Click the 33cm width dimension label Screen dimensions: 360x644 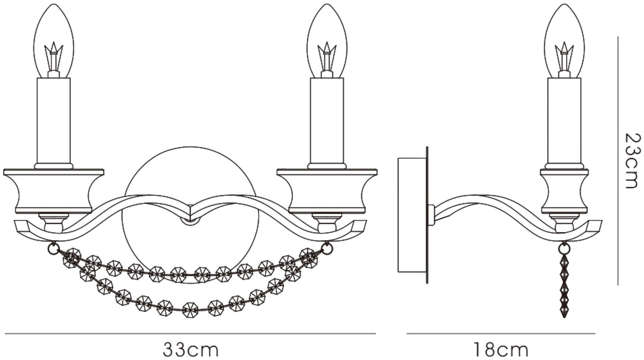coord(191,350)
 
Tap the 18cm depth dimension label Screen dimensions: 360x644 coord(501,350)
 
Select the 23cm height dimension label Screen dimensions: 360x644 coord(632,161)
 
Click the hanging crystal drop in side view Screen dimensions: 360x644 coord(564,287)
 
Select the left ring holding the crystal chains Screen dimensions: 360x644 coord(53,249)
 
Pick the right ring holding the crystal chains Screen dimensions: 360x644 coord(327,249)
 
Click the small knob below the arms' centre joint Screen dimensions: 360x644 coord(190,221)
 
